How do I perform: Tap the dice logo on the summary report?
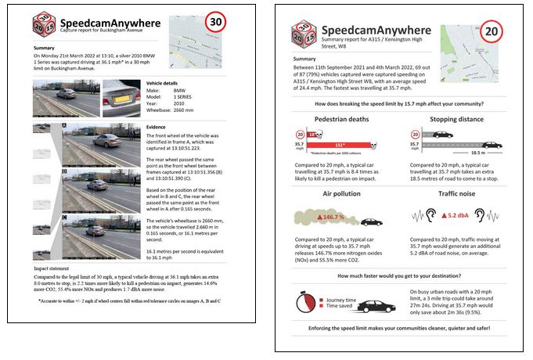click(x=304, y=33)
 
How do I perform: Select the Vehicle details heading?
click(x=167, y=82)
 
